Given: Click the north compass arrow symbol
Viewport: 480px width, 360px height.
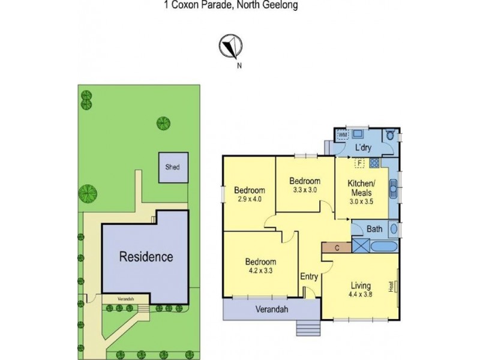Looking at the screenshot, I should (229, 46).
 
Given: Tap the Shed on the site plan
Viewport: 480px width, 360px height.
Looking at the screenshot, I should (169, 167).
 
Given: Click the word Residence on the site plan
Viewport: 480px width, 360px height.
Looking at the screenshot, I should (146, 257).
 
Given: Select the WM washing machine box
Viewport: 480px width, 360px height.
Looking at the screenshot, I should (343, 135).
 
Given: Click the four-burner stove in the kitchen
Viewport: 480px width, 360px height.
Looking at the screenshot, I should (373, 163).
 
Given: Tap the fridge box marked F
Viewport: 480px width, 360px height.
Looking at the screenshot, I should (359, 162).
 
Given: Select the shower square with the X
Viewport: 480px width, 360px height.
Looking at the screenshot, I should (361, 246).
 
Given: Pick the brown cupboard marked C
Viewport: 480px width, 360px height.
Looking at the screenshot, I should (336, 247).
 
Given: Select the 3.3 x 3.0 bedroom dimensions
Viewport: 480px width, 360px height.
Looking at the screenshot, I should (304, 189).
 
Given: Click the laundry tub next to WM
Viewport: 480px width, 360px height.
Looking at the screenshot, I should (359, 134).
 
